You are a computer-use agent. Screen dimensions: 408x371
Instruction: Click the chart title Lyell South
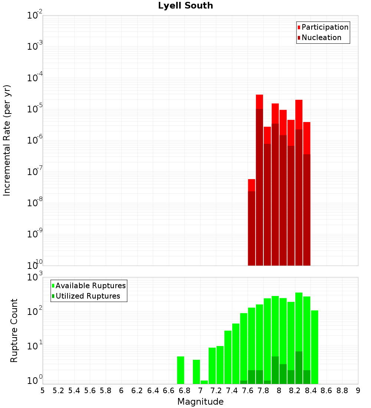[x=185, y=6]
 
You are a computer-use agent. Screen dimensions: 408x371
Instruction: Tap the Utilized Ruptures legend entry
[x=88, y=296]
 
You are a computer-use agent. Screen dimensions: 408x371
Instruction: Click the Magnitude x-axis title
[x=200, y=402]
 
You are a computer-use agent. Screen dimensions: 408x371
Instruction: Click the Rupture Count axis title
[x=14, y=330]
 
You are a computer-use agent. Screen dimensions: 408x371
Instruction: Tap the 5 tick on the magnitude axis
[x=43, y=391]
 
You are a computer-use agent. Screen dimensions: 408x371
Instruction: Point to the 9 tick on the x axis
[x=358, y=391]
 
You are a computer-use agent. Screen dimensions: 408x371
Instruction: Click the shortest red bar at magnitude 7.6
[x=252, y=223]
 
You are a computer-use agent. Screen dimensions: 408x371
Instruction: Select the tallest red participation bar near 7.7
[x=259, y=102]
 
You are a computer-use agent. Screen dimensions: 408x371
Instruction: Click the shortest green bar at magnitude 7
[x=204, y=382]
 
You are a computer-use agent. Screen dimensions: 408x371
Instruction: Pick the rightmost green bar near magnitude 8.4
[x=315, y=347]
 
